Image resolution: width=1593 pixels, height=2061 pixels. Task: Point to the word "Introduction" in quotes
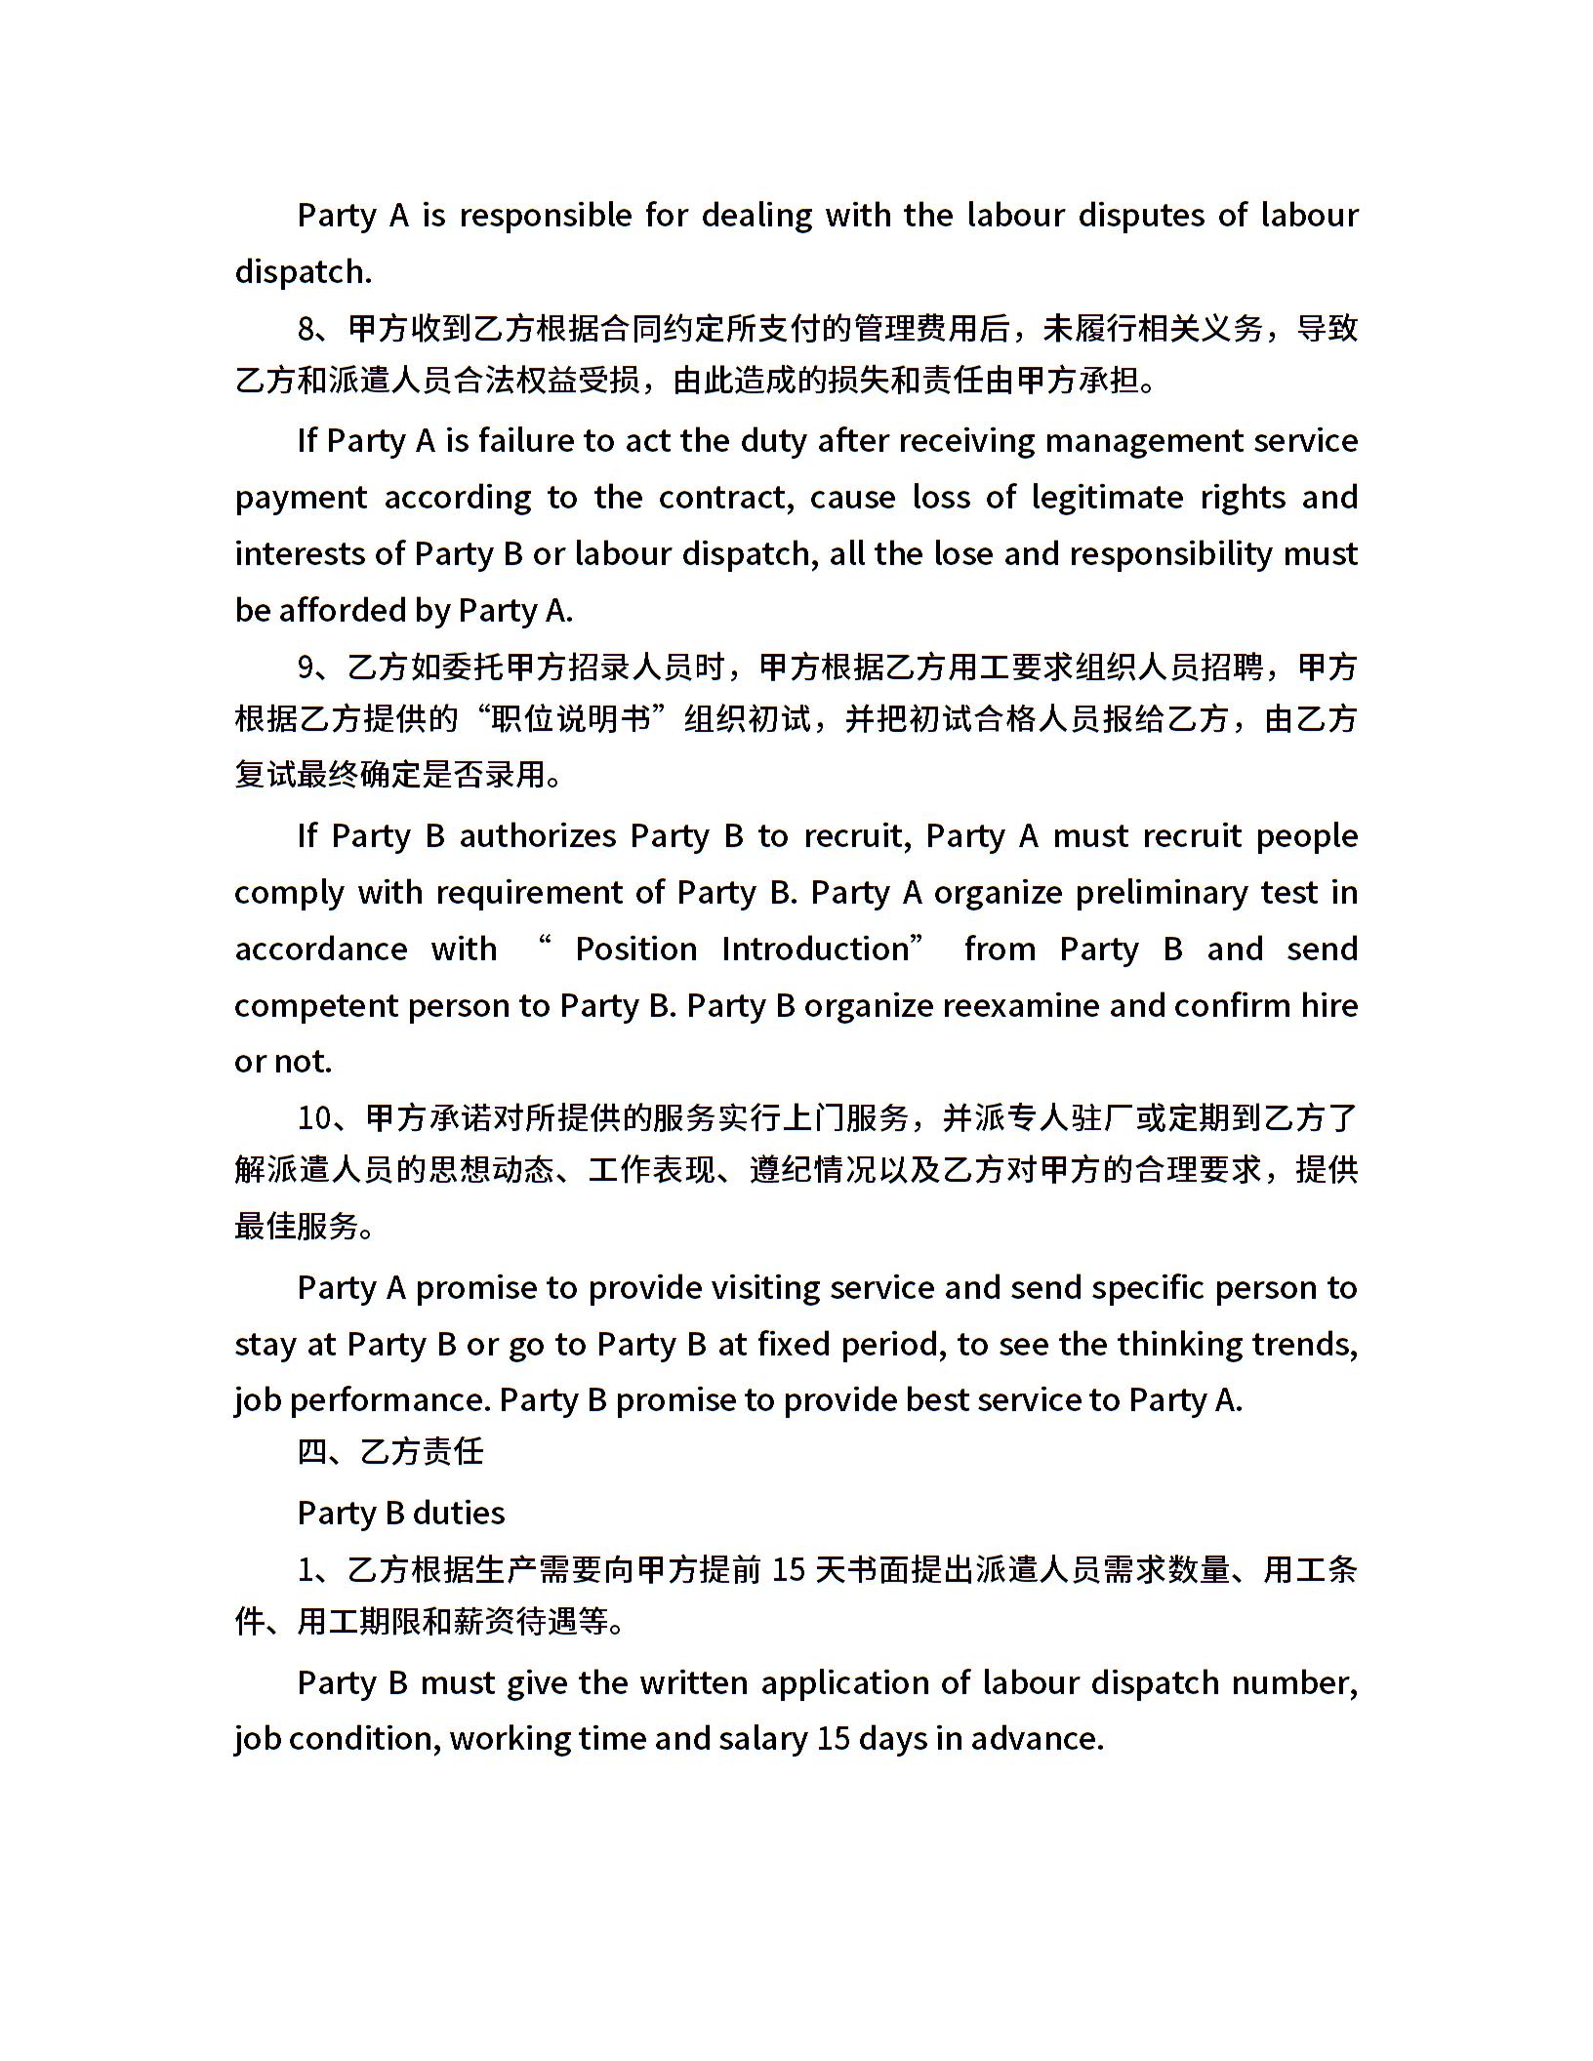815,950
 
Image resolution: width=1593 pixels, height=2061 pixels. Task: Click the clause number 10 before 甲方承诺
316,1118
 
